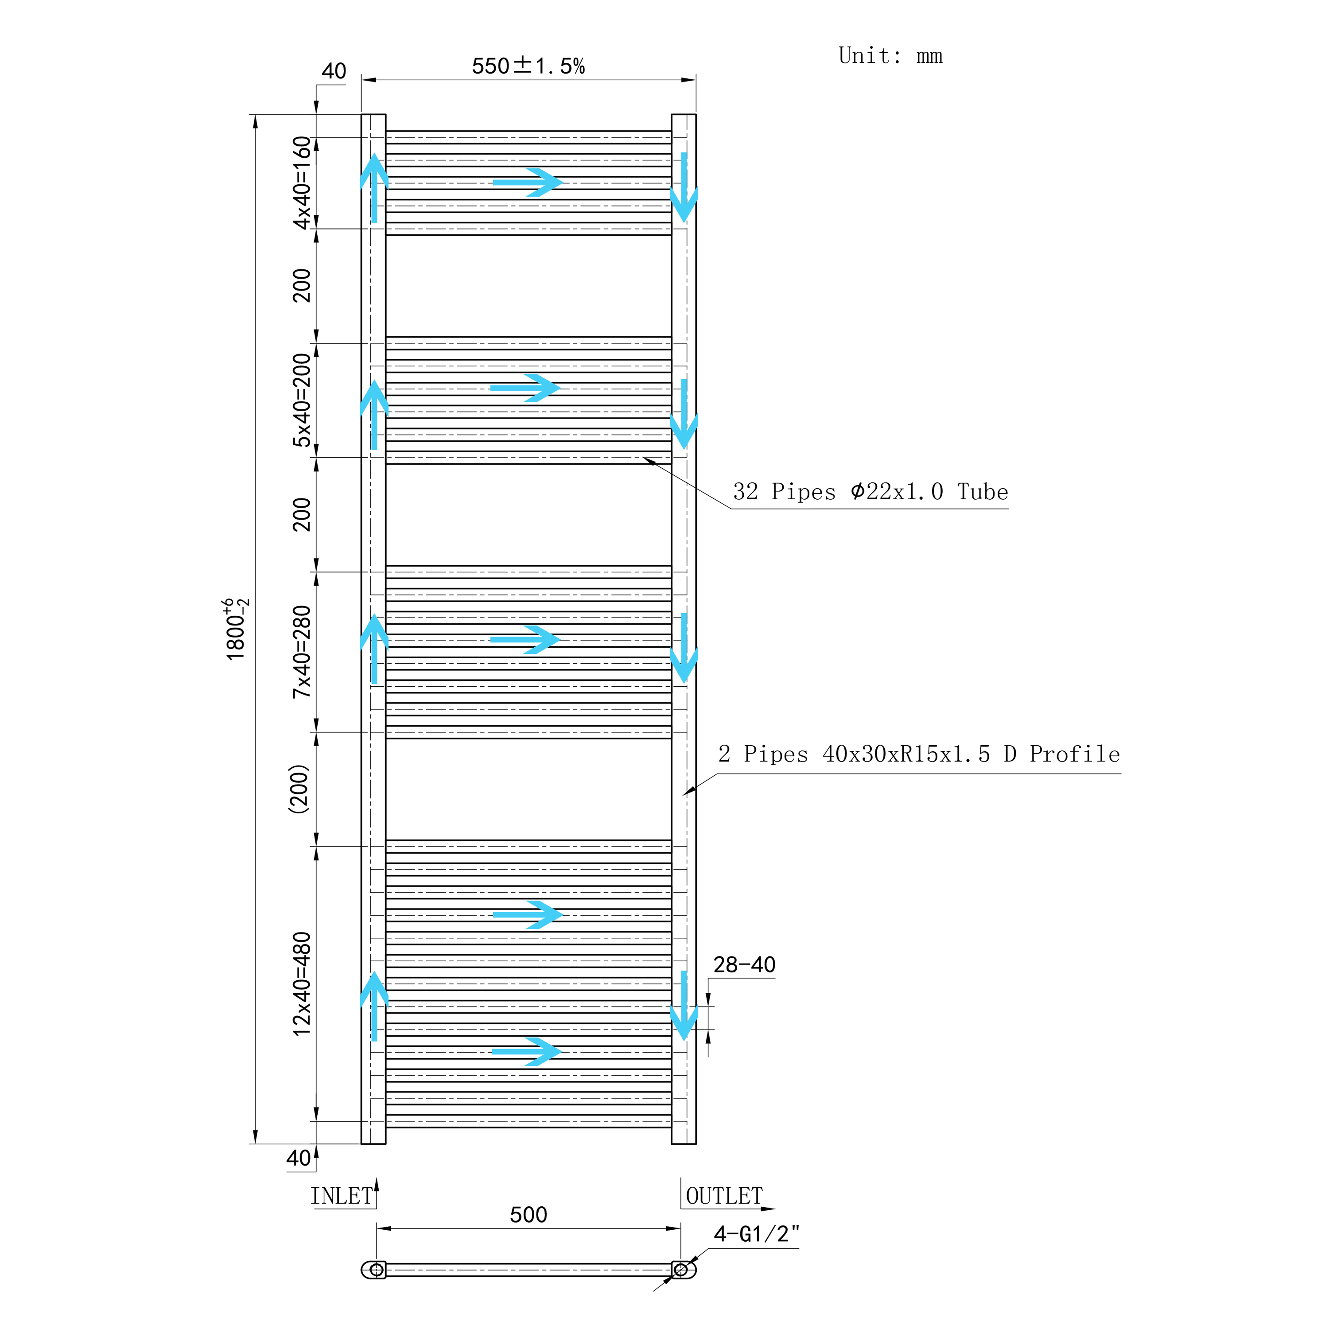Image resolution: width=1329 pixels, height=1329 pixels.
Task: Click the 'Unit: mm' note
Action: pos(890,56)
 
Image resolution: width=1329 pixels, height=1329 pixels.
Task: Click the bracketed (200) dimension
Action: pos(299,789)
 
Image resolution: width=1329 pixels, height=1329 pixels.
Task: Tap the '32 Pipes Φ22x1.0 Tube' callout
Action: pos(870,492)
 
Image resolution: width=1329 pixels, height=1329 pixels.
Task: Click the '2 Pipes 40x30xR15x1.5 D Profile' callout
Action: pos(919,754)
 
